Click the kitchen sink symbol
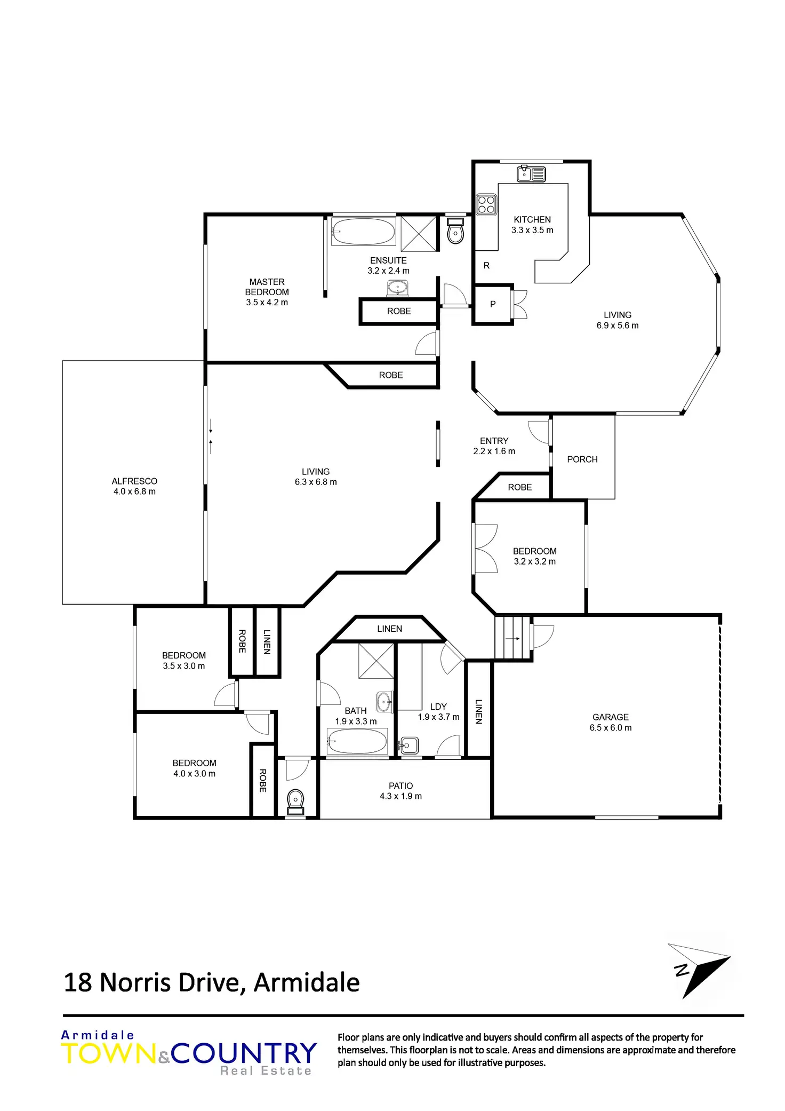tap(531, 174)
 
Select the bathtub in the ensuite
tap(363, 232)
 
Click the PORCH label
tap(582, 459)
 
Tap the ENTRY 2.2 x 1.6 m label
tap(494, 446)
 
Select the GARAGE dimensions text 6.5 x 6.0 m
tap(610, 728)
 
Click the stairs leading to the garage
tap(512, 638)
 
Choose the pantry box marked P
tap(493, 304)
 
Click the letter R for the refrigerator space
tap(486, 266)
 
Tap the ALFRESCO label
tap(134, 481)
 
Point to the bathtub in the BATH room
tap(357, 742)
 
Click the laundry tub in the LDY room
tap(409, 745)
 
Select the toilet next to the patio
tap(295, 802)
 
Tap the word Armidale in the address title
tap(307, 983)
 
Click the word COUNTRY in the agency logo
tap(244, 1053)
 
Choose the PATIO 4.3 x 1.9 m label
tap(400, 791)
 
